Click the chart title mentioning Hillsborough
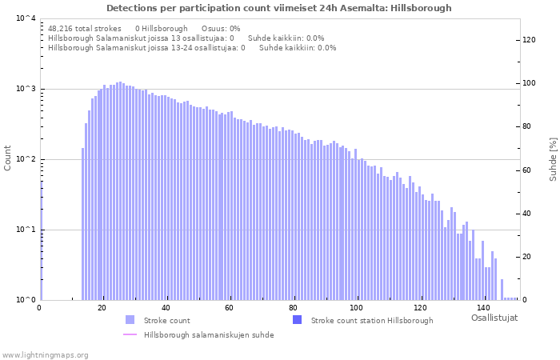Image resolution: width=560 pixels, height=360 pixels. pyautogui.click(x=278, y=8)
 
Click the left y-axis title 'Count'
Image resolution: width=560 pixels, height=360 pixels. pyautogui.click(x=8, y=158)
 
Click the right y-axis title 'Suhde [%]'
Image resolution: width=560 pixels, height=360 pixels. pyautogui.click(x=552, y=158)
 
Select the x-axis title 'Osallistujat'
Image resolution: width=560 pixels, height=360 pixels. pyautogui.click(x=494, y=318)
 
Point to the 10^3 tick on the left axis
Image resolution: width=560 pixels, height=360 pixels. pyautogui.click(x=25, y=89)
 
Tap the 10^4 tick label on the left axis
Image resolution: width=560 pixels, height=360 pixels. pyautogui.click(x=25, y=18)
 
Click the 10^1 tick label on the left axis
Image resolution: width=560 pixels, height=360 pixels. pyautogui.click(x=25, y=230)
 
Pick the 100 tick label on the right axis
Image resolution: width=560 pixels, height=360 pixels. pyautogui.click(x=529, y=83)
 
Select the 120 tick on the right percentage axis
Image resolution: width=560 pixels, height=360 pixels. pyautogui.click(x=529, y=40)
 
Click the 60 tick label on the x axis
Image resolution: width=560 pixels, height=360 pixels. pyautogui.click(x=230, y=308)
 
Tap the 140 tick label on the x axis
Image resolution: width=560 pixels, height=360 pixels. pyautogui.click(x=482, y=308)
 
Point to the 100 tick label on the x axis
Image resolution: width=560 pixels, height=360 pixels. pyautogui.click(x=356, y=308)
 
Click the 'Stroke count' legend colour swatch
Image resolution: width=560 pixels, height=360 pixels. pyautogui.click(x=130, y=320)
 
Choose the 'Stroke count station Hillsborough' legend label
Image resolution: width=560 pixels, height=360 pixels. pyautogui.click(x=372, y=321)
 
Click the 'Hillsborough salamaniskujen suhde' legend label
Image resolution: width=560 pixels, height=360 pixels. pyautogui.click(x=209, y=335)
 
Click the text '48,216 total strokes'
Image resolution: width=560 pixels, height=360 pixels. pyautogui.click(x=85, y=28)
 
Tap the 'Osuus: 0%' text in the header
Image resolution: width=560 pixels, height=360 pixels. pyautogui.click(x=221, y=28)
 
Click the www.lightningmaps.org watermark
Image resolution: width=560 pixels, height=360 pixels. pyautogui.click(x=46, y=354)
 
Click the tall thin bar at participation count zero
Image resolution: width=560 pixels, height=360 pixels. pyautogui.click(x=42, y=240)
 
